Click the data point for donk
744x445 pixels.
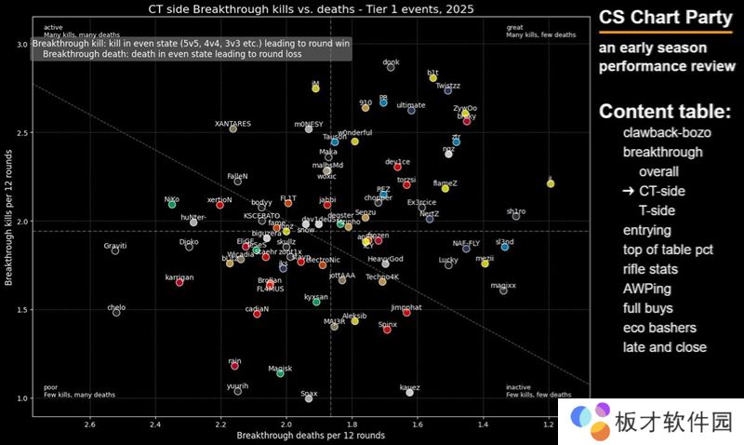point(391,67)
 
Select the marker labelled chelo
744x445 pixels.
point(116,313)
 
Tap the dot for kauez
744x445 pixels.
point(409,393)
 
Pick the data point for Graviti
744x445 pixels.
point(115,250)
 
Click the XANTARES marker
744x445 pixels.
point(232,128)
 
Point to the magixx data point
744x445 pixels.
point(503,290)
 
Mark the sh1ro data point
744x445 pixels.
point(516,216)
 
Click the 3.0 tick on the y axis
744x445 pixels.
point(21,45)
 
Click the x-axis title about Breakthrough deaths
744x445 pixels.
point(311,436)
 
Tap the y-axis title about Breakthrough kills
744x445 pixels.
point(8,222)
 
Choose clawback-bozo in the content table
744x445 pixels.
point(667,132)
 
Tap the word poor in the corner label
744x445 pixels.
point(50,387)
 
